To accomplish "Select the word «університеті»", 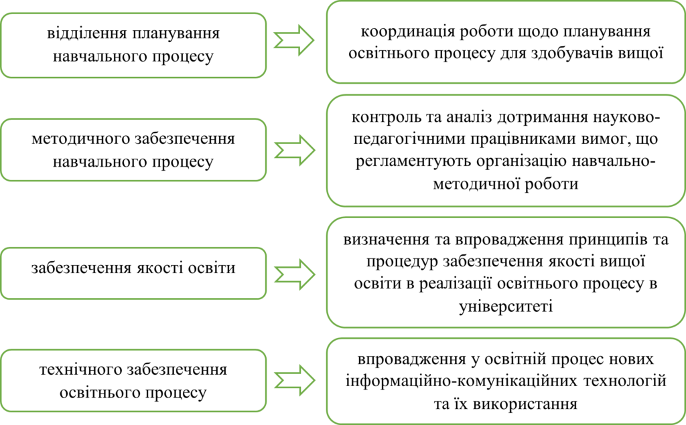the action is [x=506, y=306].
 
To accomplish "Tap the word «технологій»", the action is [x=625, y=381].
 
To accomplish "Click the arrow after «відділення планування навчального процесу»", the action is [x=294, y=40].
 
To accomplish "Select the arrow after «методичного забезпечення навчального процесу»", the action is [x=295, y=151].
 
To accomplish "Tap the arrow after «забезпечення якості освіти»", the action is [x=295, y=274].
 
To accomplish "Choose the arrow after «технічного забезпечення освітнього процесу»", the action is [x=295, y=380].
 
